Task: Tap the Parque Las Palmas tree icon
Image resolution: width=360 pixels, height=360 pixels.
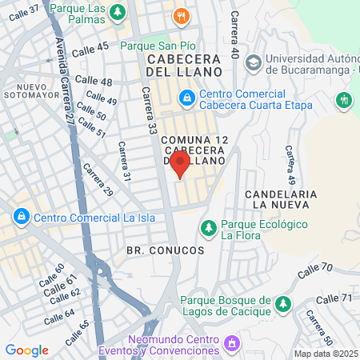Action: click(118, 12)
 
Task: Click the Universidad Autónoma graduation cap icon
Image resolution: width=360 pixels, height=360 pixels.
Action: click(253, 62)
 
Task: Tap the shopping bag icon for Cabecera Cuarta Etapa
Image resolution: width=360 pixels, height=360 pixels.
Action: click(186, 98)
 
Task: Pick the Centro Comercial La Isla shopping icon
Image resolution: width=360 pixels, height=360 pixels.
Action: click(20, 217)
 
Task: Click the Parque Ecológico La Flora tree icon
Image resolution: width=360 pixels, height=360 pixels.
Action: click(208, 228)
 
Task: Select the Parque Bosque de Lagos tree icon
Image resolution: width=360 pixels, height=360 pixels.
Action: click(282, 304)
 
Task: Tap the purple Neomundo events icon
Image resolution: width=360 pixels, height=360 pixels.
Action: click(231, 344)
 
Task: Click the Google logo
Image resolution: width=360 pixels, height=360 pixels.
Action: click(26, 350)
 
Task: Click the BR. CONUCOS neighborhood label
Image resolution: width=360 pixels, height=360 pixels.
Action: click(166, 250)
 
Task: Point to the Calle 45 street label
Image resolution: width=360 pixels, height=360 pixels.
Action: click(90, 48)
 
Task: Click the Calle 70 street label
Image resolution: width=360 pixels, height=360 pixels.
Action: click(314, 270)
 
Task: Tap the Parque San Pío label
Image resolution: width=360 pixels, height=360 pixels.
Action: click(154, 46)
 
